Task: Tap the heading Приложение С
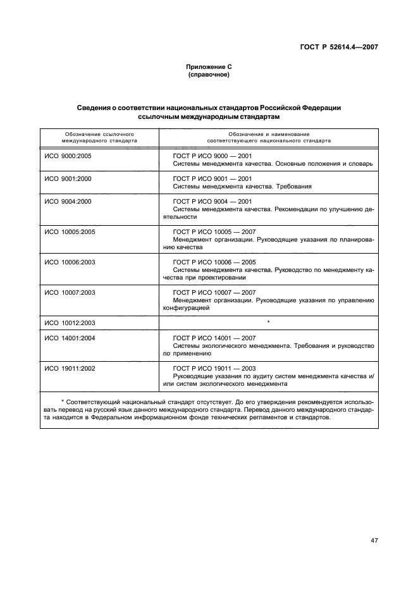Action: pyautogui.click(x=208, y=67)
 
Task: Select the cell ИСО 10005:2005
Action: pyautogui.click(x=70, y=231)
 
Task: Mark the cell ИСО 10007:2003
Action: pyautogui.click(x=70, y=292)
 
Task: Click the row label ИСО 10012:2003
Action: pyautogui.click(x=70, y=323)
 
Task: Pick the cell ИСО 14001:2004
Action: pyautogui.click(x=70, y=338)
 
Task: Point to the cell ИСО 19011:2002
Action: pyautogui.click(x=70, y=368)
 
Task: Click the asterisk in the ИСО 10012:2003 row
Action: pyautogui.click(x=268, y=323)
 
